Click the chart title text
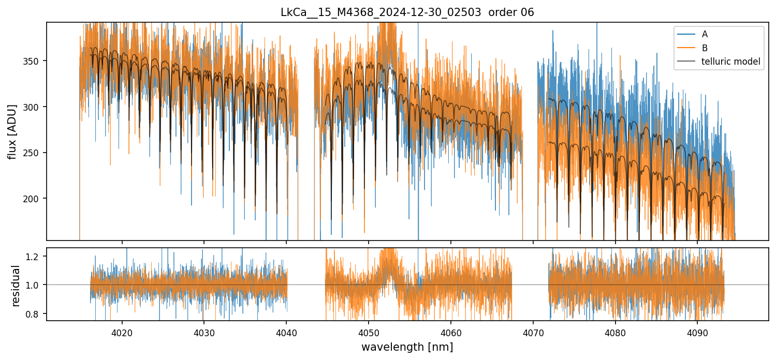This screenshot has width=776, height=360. click(x=407, y=12)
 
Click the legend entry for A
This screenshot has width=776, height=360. click(x=705, y=35)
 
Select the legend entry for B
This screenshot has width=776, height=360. click(x=705, y=48)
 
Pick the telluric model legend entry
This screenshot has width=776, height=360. click(x=730, y=62)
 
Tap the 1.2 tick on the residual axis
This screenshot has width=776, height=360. click(x=37, y=256)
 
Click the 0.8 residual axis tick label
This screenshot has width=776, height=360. click(x=37, y=313)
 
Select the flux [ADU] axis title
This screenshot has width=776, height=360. click(x=12, y=131)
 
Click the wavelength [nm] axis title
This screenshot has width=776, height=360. click(x=407, y=347)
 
